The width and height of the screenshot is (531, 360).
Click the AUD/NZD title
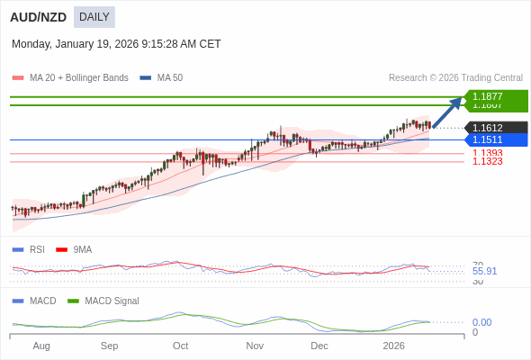click(x=37, y=16)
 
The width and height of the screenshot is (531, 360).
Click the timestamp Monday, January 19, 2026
click(x=116, y=43)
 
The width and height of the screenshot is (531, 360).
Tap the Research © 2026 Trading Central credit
click(x=455, y=78)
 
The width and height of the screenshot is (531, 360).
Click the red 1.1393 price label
click(x=487, y=153)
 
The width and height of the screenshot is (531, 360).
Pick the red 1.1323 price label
click(x=487, y=162)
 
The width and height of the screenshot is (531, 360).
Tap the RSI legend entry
click(x=36, y=249)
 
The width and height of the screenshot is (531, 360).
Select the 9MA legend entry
click(x=82, y=249)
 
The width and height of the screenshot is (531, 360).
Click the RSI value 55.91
click(x=484, y=271)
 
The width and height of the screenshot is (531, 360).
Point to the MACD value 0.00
click(x=481, y=322)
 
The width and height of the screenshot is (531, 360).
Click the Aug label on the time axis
click(x=41, y=346)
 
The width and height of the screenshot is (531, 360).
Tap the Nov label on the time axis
click(x=255, y=346)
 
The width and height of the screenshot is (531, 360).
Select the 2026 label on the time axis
click(x=393, y=346)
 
